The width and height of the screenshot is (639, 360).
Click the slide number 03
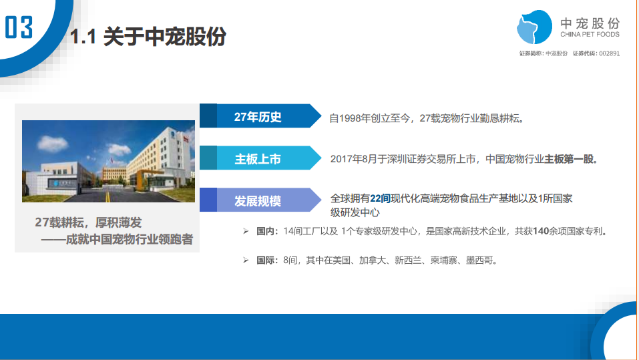(19, 27)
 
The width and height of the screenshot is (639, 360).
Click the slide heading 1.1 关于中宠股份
(148, 37)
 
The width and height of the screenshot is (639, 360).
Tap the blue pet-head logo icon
(534, 27)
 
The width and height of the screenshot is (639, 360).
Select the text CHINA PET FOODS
(590, 34)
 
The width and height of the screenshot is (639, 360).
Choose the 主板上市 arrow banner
(260, 158)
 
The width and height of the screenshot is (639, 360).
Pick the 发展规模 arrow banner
(260, 200)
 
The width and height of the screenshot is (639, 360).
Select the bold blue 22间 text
(380, 198)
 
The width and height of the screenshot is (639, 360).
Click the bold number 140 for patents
(541, 231)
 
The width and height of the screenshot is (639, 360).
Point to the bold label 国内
(265, 231)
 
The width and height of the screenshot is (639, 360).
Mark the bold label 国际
(265, 260)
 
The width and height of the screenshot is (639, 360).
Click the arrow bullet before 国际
(246, 260)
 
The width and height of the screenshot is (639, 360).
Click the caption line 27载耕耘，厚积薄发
(88, 222)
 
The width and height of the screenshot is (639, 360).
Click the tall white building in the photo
(161, 157)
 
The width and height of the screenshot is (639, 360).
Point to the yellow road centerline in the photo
(108, 196)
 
